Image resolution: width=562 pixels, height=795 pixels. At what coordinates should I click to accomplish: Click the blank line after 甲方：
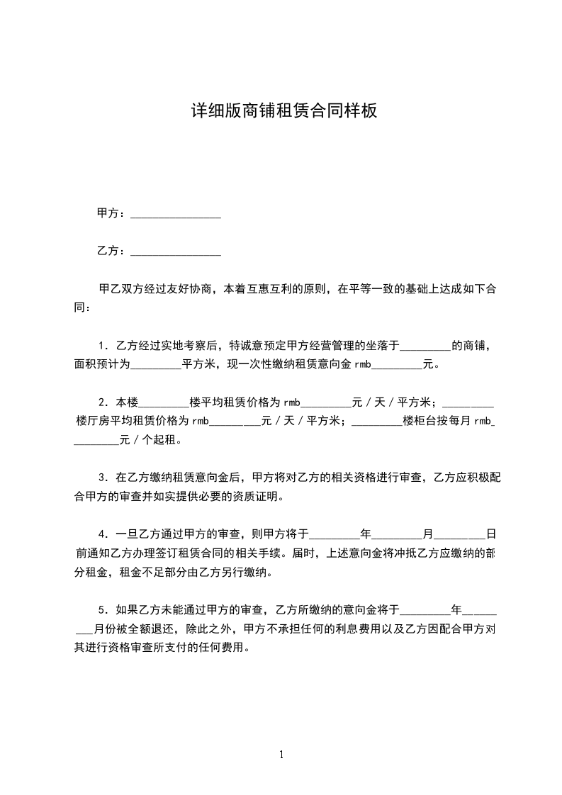pyautogui.click(x=176, y=214)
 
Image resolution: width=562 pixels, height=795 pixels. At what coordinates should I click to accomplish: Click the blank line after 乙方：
pyautogui.click(x=176, y=251)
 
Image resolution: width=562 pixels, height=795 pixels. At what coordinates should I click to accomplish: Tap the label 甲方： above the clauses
pyautogui.click(x=112, y=213)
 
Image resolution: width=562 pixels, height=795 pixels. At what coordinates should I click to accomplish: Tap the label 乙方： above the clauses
pyautogui.click(x=112, y=251)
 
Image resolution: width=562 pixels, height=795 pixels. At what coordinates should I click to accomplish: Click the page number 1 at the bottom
pyautogui.click(x=281, y=755)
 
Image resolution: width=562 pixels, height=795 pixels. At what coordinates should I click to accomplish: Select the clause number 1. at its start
pyautogui.click(x=103, y=346)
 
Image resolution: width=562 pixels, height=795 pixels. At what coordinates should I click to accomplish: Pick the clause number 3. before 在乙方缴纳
pyautogui.click(x=103, y=477)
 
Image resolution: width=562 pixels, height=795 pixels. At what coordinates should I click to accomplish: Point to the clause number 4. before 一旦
pyautogui.click(x=103, y=534)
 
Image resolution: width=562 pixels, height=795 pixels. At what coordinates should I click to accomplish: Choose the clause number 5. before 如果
pyautogui.click(x=103, y=609)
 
